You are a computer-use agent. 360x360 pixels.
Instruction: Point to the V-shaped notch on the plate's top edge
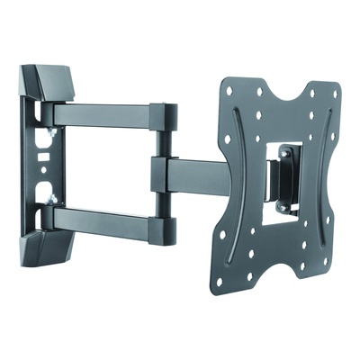tap(286, 95)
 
